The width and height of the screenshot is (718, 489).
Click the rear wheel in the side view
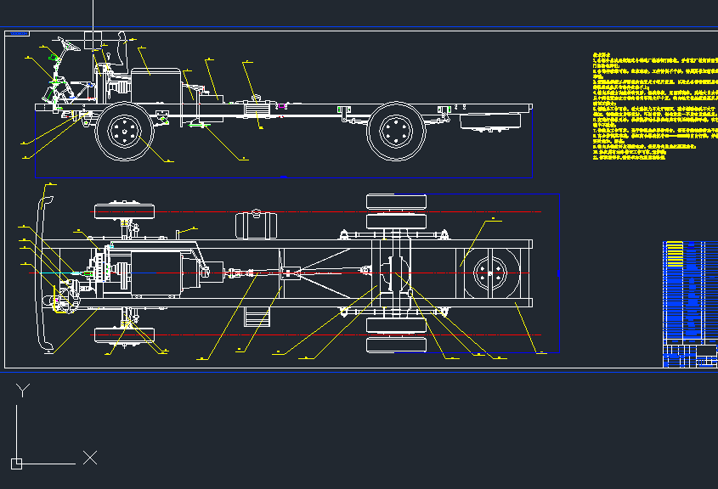click(396, 131)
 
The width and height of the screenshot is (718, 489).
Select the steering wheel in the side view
click(68, 44)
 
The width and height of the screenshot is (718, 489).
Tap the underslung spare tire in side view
click(491, 121)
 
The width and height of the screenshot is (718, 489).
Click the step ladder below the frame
click(256, 316)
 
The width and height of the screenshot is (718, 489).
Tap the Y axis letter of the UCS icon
click(23, 390)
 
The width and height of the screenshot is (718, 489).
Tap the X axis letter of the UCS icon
click(90, 458)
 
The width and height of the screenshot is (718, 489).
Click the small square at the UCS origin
click(16, 463)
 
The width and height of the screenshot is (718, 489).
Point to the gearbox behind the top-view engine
click(212, 272)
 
